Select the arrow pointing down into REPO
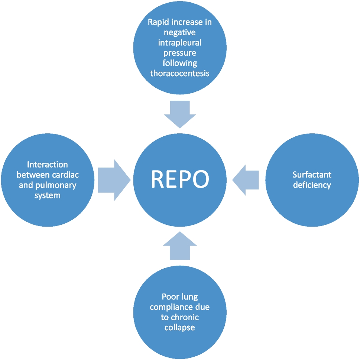tap(180, 114)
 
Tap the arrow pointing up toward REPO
tap(180, 246)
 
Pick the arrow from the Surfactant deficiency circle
tap(246, 180)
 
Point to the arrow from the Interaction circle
tap(114, 180)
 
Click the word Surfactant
tap(312, 175)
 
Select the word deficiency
tap(312, 185)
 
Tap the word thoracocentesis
tap(180, 73)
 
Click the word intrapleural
tap(180, 43)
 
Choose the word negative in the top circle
tap(180, 33)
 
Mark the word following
tap(180, 63)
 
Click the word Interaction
tap(47, 165)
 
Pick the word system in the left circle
tap(47, 195)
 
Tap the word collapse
tap(180, 328)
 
